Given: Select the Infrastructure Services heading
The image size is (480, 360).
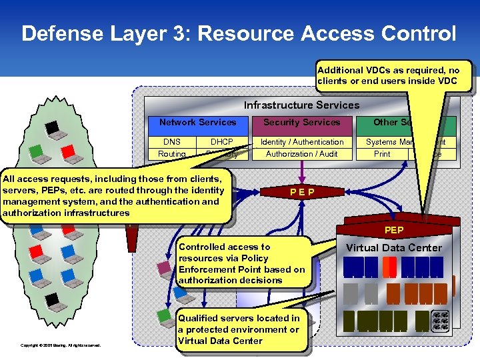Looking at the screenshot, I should [301, 105].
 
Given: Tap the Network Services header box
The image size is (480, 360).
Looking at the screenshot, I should [197, 123].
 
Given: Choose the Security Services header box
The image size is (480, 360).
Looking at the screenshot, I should [301, 123].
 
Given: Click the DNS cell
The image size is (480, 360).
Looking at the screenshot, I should [171, 142].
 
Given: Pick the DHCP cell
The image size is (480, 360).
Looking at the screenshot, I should [221, 142].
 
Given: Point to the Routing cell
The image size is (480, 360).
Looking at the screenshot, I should [171, 154].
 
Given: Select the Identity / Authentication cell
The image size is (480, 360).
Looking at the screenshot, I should [301, 142].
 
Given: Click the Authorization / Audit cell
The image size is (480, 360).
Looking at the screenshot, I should [301, 154].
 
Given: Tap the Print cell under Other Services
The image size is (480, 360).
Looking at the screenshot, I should [382, 154].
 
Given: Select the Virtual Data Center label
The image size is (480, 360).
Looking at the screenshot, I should [393, 248].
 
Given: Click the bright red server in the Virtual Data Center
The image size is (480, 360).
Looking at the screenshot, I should [390, 267].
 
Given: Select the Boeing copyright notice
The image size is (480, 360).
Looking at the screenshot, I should [61, 345].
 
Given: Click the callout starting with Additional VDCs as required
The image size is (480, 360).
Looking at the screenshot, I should [393, 75].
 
